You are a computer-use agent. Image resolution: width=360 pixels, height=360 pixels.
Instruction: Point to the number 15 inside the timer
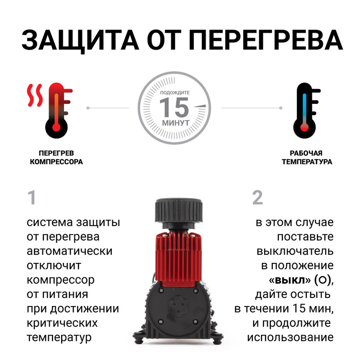(174, 107)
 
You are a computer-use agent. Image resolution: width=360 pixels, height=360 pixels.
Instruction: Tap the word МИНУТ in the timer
(175, 123)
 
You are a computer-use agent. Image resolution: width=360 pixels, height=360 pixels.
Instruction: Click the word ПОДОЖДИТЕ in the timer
(175, 92)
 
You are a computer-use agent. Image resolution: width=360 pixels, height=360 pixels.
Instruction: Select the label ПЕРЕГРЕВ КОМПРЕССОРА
(56, 158)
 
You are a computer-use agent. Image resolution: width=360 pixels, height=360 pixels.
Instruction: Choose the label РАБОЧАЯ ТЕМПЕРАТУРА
(306, 158)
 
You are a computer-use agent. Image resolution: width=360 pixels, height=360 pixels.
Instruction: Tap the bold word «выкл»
(289, 280)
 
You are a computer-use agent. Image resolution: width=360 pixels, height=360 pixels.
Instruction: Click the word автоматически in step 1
(69, 251)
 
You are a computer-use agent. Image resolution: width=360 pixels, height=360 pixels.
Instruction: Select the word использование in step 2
(290, 337)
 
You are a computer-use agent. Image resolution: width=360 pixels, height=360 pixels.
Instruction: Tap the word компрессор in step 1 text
(60, 280)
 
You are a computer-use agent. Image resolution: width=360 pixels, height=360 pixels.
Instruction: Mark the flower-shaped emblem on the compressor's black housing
(177, 309)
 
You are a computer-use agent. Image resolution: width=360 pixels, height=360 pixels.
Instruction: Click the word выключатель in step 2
(295, 251)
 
